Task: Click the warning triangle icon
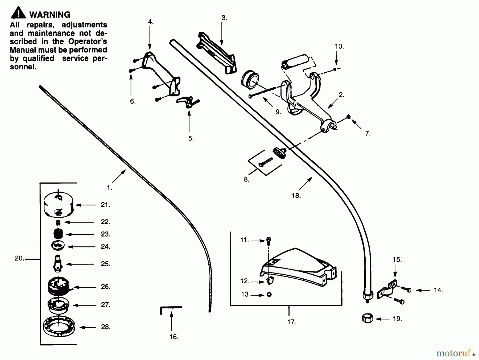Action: [18, 13]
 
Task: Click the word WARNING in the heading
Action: [50, 15]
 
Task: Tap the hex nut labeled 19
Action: [367, 318]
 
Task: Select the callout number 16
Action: [174, 337]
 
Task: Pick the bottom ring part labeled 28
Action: [59, 326]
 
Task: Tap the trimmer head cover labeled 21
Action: [59, 205]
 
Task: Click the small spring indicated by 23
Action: [58, 234]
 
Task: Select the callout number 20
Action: [19, 258]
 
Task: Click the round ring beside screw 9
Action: [250, 79]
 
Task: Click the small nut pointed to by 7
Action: [349, 117]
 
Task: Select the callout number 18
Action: [296, 196]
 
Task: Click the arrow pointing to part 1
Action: [119, 176]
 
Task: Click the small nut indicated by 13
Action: [269, 295]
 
